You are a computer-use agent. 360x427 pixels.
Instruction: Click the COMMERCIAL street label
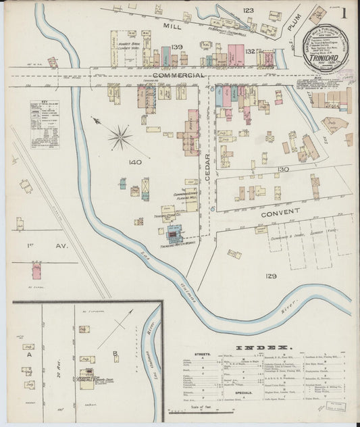click(x=178, y=76)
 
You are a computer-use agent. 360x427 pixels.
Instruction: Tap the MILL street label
click(x=174, y=25)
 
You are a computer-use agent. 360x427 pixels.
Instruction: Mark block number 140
click(x=134, y=163)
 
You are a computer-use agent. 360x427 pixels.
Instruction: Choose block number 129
click(x=271, y=276)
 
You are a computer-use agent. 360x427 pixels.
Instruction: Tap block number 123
click(x=248, y=10)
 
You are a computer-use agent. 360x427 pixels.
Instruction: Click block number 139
click(x=177, y=47)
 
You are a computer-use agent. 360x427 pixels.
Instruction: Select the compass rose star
click(x=120, y=137)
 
